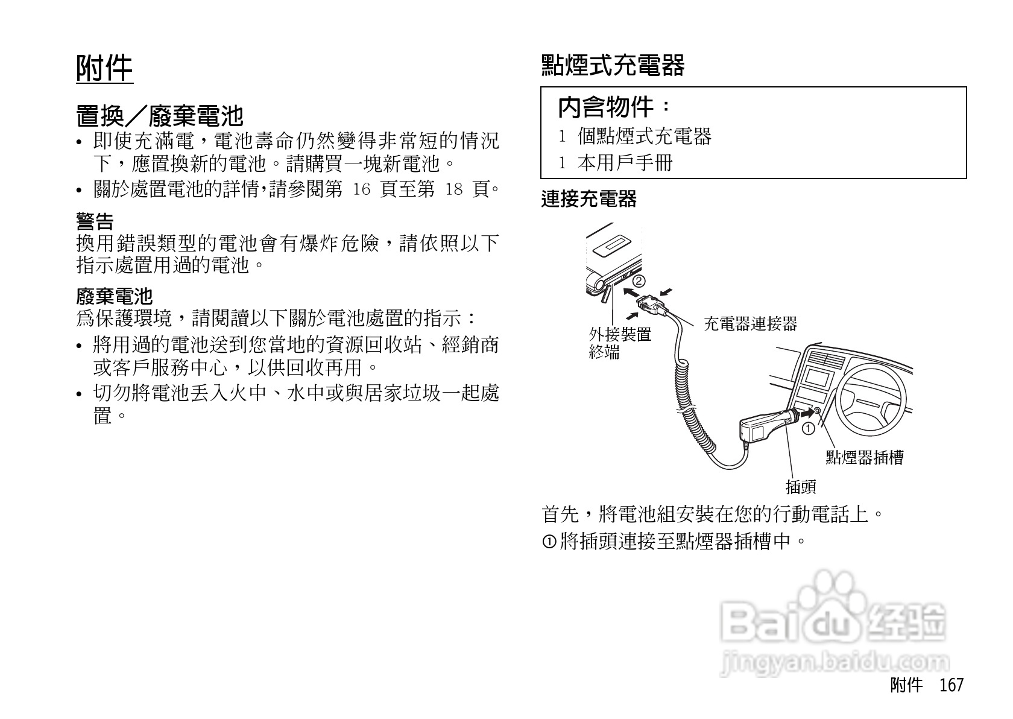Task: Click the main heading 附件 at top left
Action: click(104, 68)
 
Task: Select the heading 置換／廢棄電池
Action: click(159, 115)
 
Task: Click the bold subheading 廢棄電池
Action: click(115, 296)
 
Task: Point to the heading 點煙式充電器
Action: click(613, 66)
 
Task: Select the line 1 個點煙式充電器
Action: click(635, 137)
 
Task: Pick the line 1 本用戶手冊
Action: click(616, 163)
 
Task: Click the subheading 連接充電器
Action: click(589, 199)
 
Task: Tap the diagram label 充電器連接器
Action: click(750, 325)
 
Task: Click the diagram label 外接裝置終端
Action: click(619, 343)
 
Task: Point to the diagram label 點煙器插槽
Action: click(864, 458)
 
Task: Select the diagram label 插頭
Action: click(801, 487)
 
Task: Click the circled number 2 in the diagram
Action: click(639, 280)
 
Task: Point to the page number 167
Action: click(951, 685)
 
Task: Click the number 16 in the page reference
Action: click(361, 190)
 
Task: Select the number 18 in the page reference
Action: click(453, 190)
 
